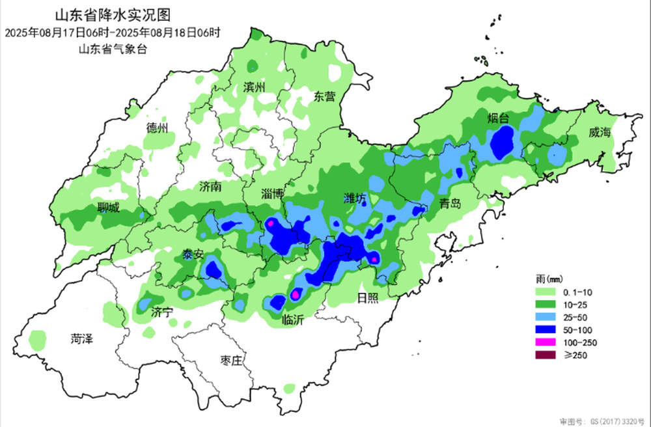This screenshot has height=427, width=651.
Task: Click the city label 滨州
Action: click(x=255, y=87)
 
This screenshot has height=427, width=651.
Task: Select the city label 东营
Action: click(x=324, y=97)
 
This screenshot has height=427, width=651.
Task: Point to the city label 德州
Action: click(x=157, y=127)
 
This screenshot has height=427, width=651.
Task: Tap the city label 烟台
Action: click(x=500, y=118)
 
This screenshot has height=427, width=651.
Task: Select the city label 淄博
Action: click(x=272, y=193)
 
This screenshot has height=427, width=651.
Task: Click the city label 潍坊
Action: click(x=356, y=198)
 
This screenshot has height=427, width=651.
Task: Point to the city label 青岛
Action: click(x=449, y=203)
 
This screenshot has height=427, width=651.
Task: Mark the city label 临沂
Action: click(x=293, y=320)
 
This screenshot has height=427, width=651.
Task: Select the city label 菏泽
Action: click(x=82, y=338)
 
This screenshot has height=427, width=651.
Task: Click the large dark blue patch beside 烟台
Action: click(x=502, y=143)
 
